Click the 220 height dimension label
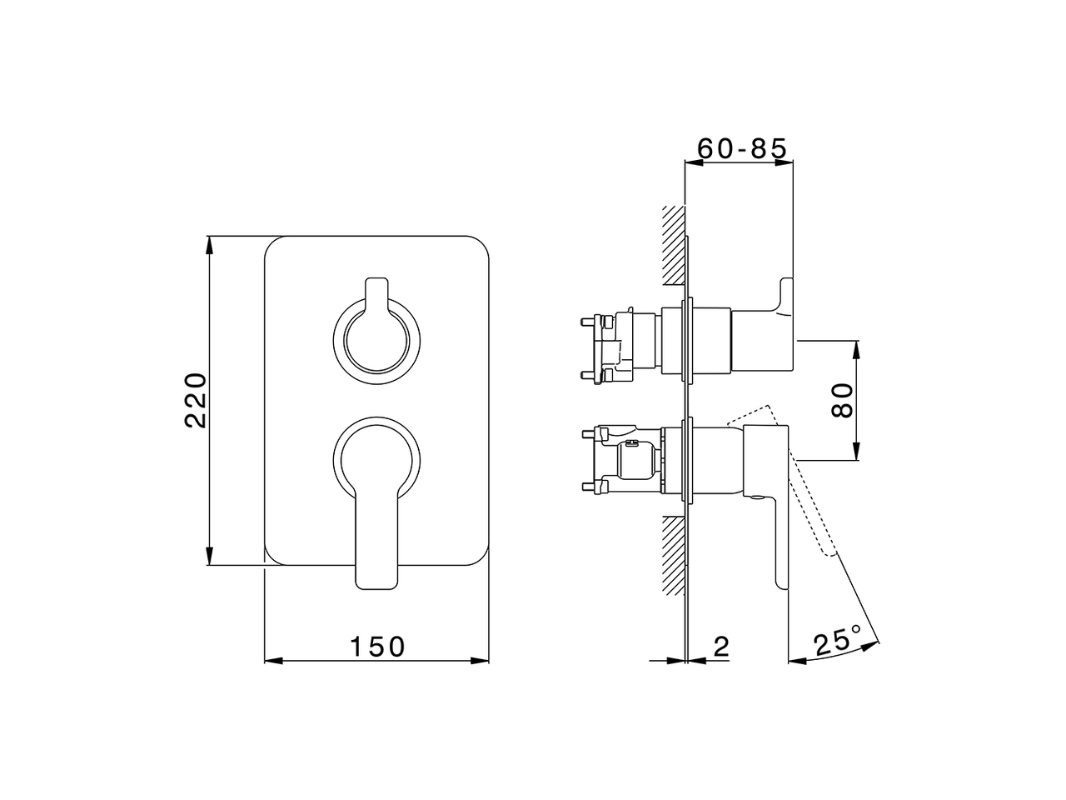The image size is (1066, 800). pos(196,400)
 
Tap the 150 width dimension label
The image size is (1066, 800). pos(377,647)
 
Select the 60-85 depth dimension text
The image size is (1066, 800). pos(741,148)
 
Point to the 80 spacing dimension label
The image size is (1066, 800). pos(842,400)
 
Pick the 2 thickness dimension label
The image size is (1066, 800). pos(722,647)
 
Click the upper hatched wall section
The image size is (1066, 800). pos(674,245)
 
